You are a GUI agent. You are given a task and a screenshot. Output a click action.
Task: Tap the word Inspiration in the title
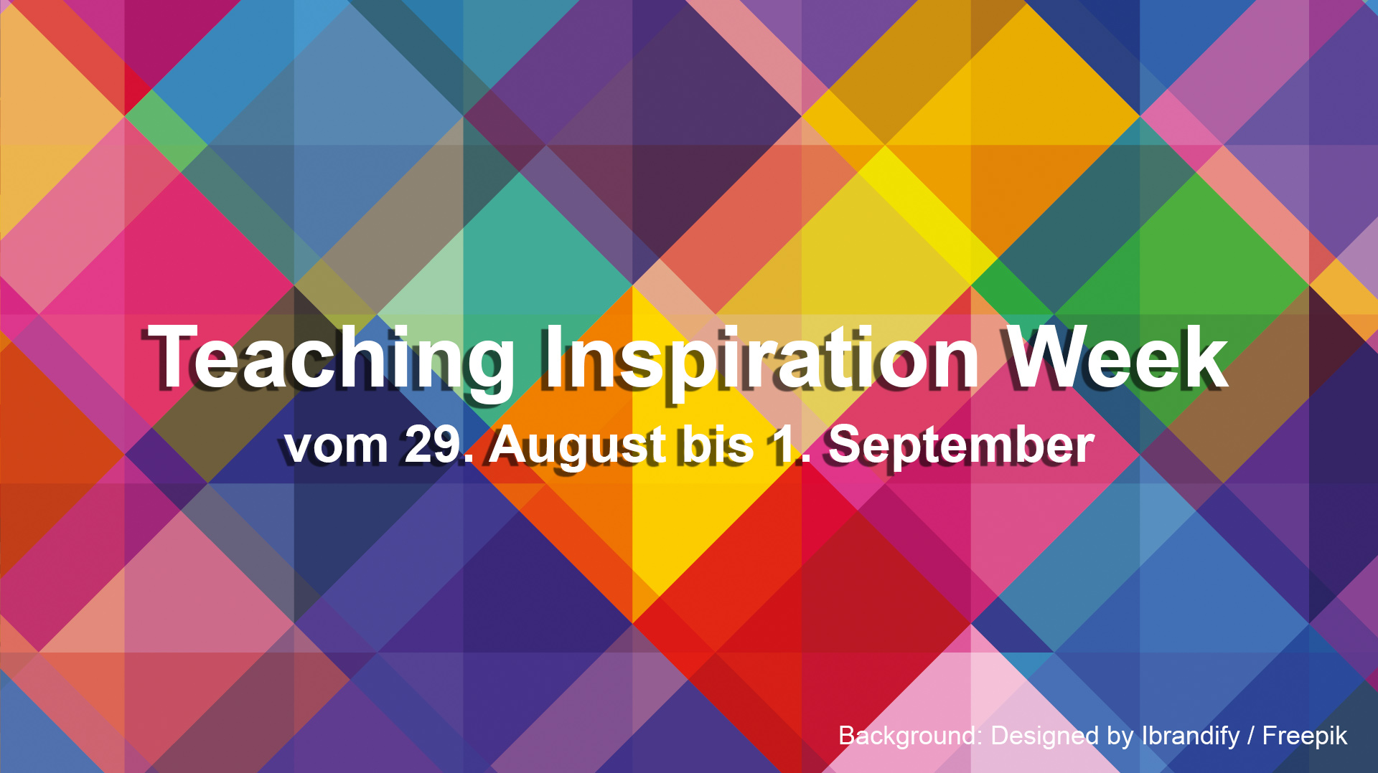(x=760, y=359)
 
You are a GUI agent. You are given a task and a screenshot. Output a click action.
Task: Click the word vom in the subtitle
(x=336, y=446)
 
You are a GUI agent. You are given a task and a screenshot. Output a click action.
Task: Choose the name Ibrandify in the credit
(x=1191, y=736)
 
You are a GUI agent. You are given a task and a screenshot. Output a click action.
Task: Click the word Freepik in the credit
(x=1305, y=736)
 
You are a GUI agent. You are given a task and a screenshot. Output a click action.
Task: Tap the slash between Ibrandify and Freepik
(x=1252, y=736)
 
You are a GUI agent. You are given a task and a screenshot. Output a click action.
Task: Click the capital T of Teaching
(x=172, y=356)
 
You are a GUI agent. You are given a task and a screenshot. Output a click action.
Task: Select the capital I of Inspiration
(x=551, y=356)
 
